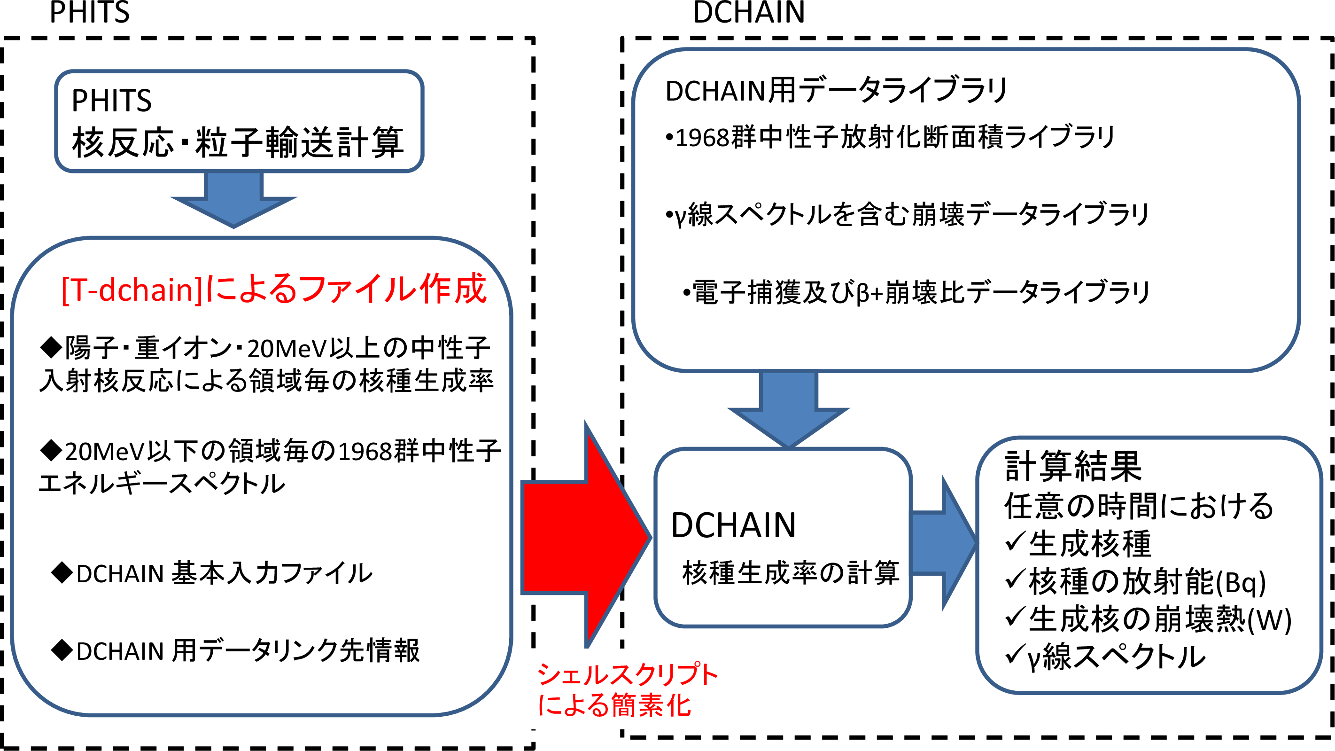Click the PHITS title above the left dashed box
(x=89, y=12)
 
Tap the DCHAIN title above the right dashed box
(x=748, y=12)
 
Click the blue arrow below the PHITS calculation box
(x=234, y=200)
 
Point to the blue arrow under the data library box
(x=788, y=410)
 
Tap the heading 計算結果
(x=1073, y=466)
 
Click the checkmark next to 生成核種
(x=1015, y=541)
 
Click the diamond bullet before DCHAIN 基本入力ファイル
(x=62, y=572)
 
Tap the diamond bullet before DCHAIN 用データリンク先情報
(x=62, y=650)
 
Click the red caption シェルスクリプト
(x=627, y=675)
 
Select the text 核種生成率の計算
(x=790, y=573)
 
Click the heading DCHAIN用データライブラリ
(x=835, y=90)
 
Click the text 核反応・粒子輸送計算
(x=237, y=142)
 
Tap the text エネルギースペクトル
(x=162, y=484)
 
